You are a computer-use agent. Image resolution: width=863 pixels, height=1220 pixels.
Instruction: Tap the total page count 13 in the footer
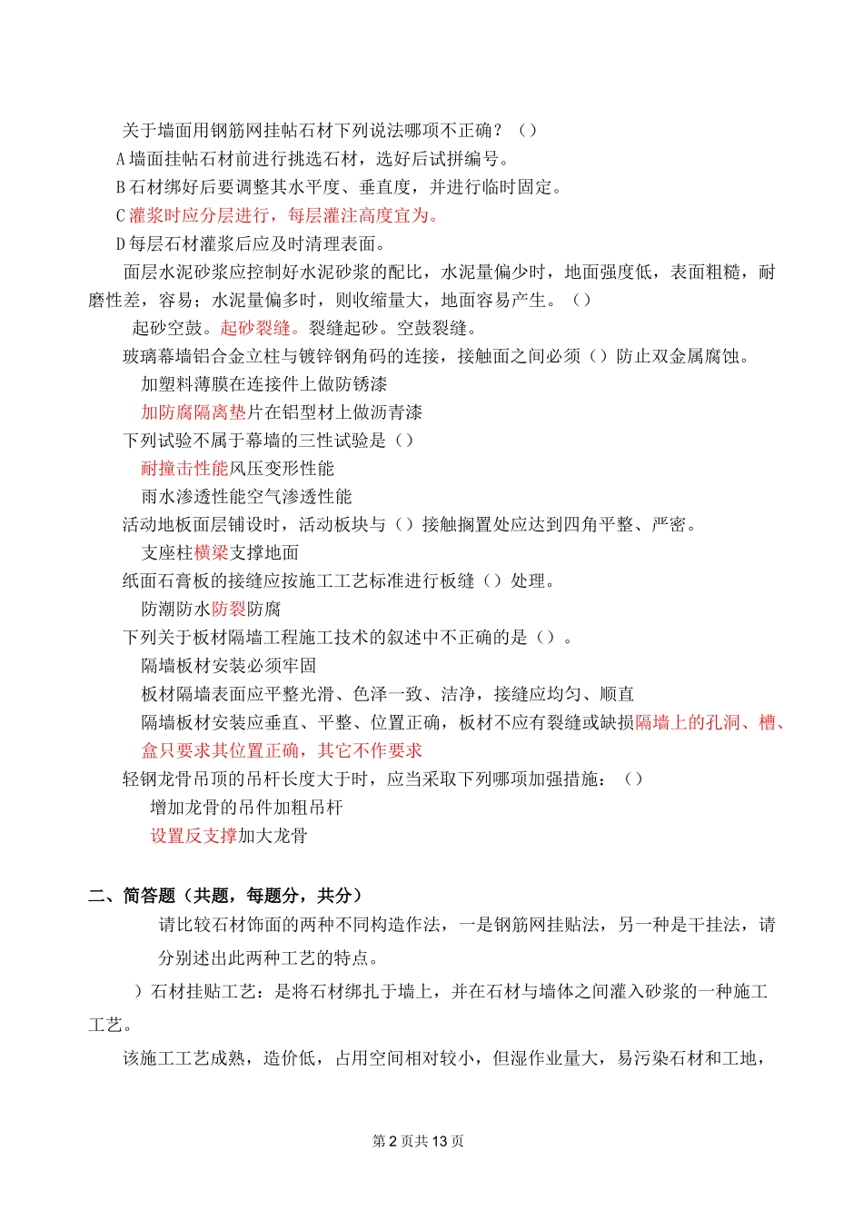click(440, 1141)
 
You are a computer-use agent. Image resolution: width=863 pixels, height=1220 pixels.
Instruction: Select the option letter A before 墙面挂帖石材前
click(120, 159)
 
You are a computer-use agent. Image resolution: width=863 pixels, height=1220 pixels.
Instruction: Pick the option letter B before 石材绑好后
click(120, 187)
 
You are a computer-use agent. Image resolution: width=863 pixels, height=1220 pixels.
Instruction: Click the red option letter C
click(120, 215)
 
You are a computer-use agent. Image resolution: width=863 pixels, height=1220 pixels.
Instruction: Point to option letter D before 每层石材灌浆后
click(120, 243)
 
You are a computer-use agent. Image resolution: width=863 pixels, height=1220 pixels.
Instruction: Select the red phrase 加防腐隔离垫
click(193, 412)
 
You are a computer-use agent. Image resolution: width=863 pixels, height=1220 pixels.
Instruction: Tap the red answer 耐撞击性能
click(184, 469)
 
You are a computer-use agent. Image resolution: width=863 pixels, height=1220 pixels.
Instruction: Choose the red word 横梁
click(211, 553)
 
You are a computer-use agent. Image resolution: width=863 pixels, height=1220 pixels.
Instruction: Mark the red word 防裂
click(229, 610)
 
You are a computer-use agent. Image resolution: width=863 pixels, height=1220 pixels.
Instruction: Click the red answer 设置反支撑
click(193, 836)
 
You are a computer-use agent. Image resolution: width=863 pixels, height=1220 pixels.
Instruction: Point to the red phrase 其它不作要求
click(370, 750)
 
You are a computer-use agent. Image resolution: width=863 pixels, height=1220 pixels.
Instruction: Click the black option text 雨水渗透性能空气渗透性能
click(246, 497)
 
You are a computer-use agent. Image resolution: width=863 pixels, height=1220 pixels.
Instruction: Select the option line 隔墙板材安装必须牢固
click(229, 666)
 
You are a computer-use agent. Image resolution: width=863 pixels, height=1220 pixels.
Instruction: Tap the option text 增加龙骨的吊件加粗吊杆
click(246, 808)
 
